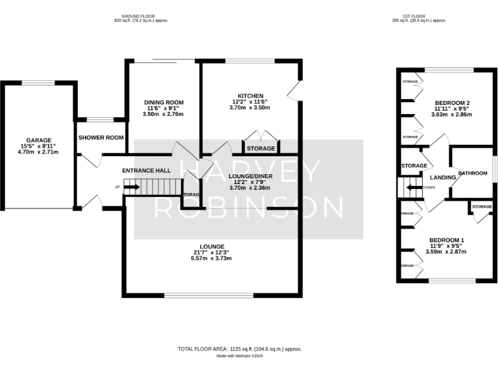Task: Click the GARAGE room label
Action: pos(38,140)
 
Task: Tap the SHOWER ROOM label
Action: pos(101,137)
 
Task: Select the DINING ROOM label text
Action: pos(163,102)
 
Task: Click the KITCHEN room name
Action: pos(250,95)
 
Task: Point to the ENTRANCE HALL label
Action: pos(146,170)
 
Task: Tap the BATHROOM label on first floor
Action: pos(472,173)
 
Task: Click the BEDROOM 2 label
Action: pos(452,102)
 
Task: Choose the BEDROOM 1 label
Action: pos(447,239)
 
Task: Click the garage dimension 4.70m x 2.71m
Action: pos(38,152)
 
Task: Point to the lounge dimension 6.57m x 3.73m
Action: pos(211,258)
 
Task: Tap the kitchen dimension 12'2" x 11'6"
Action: pos(250,102)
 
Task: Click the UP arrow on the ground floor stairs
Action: pos(132,188)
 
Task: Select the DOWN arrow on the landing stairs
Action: pos(411,188)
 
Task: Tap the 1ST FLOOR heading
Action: pos(419,16)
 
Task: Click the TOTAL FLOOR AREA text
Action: pos(239,348)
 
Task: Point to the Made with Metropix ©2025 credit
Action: pos(239,356)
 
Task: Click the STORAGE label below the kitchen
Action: pos(261,149)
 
